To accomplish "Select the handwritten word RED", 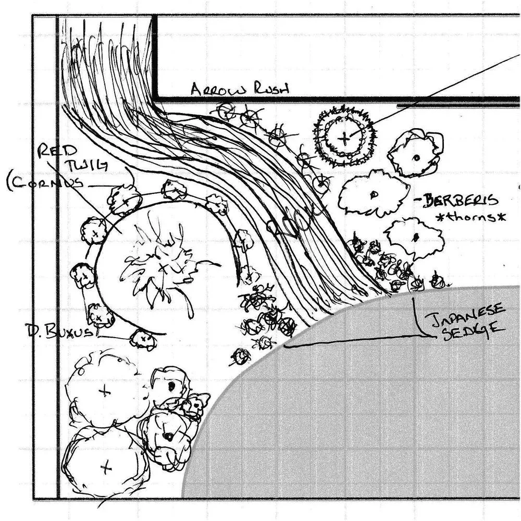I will click(x=52, y=151).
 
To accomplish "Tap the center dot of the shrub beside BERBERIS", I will click(x=374, y=195).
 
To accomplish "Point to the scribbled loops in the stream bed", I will click(x=294, y=221).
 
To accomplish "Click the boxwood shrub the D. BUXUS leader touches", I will click(x=142, y=340).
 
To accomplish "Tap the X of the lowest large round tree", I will click(x=106, y=467).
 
